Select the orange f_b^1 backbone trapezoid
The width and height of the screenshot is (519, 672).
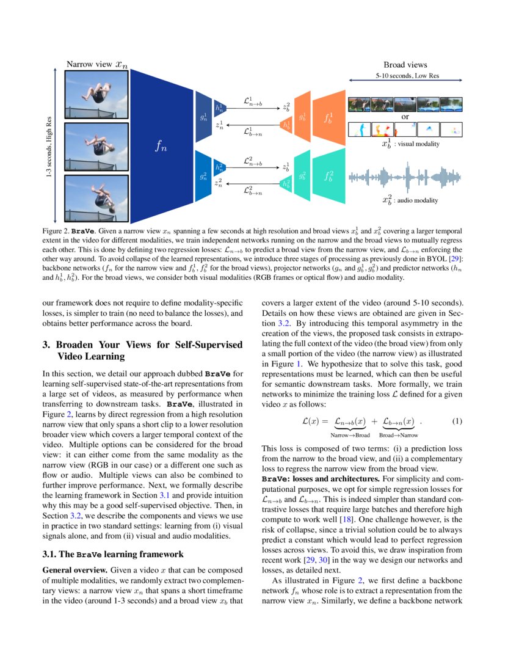click(330, 117)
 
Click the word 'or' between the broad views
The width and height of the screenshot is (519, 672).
click(405, 116)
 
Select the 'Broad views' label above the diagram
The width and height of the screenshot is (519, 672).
click(405, 65)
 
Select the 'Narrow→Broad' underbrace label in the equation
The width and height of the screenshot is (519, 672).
click(350, 435)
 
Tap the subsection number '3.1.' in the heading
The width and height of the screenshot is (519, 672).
click(51, 555)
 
